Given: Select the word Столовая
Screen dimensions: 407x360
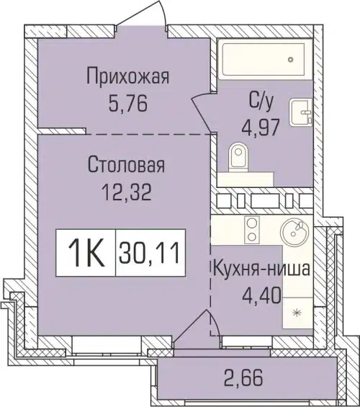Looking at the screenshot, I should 127,166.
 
